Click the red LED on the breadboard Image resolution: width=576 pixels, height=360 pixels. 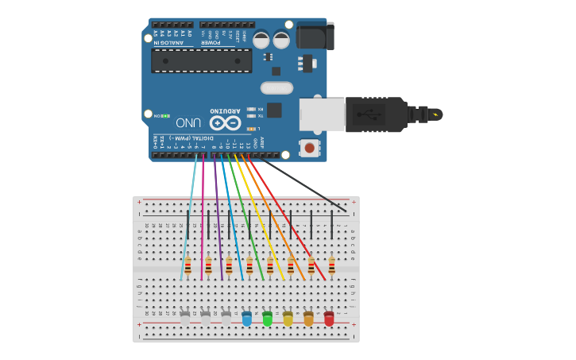coord(329,319)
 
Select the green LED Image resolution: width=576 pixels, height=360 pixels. coord(267,319)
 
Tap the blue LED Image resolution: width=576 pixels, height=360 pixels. coord(246,319)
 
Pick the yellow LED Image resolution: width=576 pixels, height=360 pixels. coord(288,319)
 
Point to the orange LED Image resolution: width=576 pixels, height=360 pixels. coord(308,319)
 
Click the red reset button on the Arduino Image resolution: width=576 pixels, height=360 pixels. coord(309,147)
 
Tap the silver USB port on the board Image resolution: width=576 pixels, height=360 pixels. coord(322,114)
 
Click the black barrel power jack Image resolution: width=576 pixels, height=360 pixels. coord(315,36)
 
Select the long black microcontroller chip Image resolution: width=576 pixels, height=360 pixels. coord(201,60)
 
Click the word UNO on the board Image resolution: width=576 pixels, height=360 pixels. coord(187,123)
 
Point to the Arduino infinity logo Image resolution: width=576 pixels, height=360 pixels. coord(225,123)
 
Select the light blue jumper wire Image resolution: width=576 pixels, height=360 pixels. coord(189,215)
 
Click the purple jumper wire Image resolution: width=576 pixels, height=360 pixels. coord(217,215)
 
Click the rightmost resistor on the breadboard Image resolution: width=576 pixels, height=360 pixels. coord(331,265)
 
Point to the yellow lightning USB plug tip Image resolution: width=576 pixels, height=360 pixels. coord(435,114)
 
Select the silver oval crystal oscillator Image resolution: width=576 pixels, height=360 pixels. coord(276,88)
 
